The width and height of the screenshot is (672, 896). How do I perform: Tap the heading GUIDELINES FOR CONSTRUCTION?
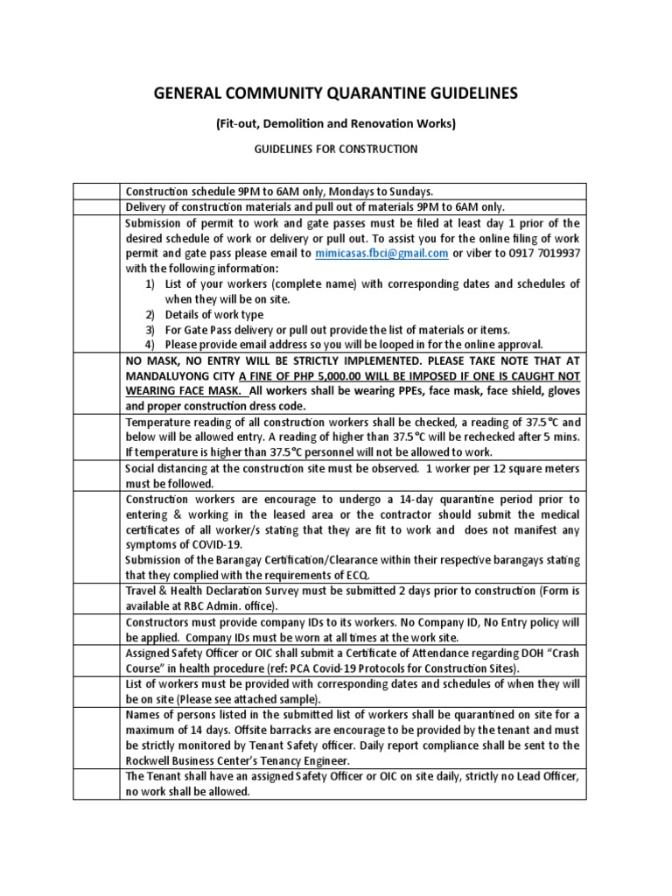click(x=335, y=150)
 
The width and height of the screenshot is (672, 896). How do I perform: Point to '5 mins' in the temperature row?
click(x=561, y=437)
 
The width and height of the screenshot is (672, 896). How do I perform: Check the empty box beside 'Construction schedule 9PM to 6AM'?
click(x=95, y=192)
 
